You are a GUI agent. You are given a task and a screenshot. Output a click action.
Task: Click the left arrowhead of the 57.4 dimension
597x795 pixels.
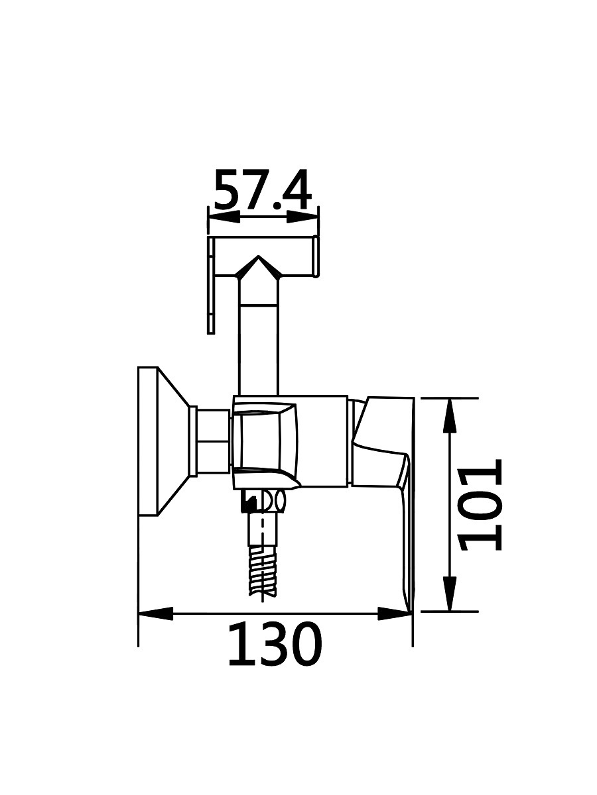224,217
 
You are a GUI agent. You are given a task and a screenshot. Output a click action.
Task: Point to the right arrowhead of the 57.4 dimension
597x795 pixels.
303,217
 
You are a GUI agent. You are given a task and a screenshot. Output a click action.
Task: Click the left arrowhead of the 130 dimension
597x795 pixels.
156,613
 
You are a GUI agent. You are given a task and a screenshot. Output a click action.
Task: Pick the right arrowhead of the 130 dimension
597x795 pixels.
395,613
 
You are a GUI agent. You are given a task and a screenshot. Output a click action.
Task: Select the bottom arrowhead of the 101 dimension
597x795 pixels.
450,594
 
